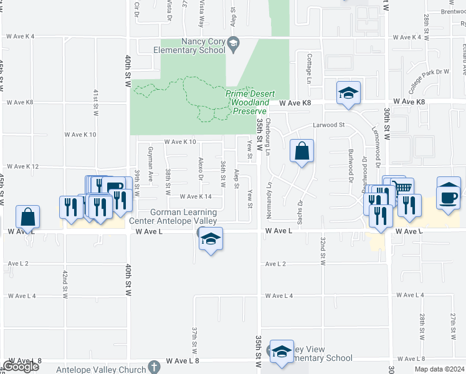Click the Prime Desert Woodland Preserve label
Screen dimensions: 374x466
click(247, 102)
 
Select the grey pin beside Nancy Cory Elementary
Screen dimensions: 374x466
click(234, 43)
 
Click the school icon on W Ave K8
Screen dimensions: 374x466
click(348, 94)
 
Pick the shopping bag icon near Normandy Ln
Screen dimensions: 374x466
click(302, 151)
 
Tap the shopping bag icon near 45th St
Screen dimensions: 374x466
click(28, 218)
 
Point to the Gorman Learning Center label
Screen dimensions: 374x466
click(173, 216)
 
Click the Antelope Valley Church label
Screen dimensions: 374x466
click(101, 370)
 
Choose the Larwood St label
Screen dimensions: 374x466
click(328, 125)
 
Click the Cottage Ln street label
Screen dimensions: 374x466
click(309, 68)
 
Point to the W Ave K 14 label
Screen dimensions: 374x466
click(196, 196)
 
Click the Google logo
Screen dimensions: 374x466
click(21, 367)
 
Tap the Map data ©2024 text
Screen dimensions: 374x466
click(439, 369)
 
